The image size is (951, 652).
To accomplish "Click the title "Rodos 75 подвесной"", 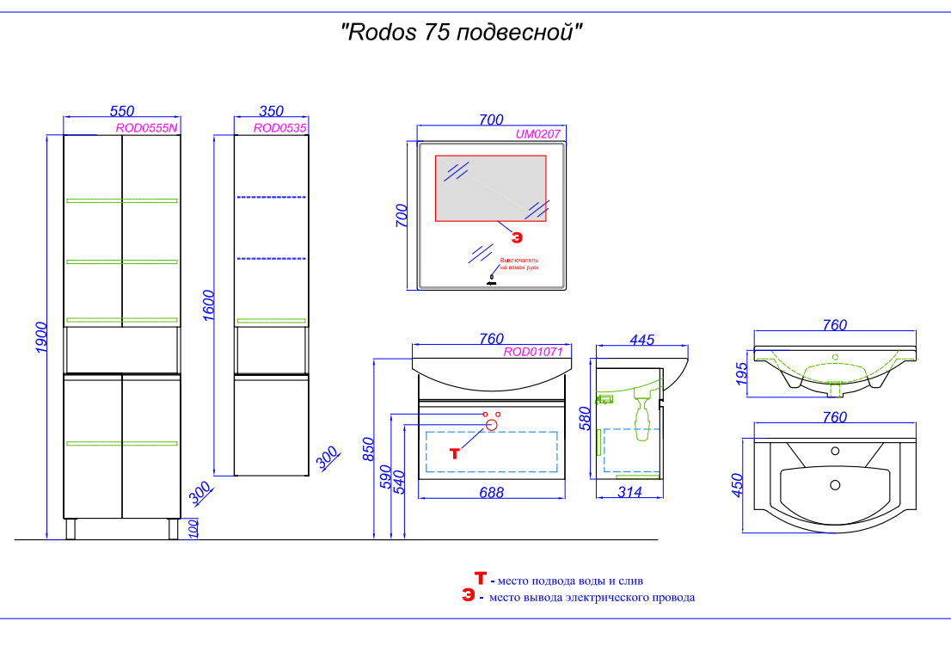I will coord(463,34).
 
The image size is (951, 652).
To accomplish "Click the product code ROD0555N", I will coord(147,128).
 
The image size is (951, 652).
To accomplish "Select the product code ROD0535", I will coord(280,128).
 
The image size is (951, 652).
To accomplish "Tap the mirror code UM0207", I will coord(538,134).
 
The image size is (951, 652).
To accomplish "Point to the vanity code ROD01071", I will coord(533,352).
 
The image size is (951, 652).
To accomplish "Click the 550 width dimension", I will coord(122,112).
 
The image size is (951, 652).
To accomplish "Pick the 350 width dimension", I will coord(271,112).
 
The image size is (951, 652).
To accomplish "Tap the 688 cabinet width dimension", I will coord(491,493).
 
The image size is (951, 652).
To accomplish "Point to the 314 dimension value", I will coord(630,493).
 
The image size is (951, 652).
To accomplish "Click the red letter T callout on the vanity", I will coord(455,453).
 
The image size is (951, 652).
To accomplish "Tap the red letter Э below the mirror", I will coord(517,234).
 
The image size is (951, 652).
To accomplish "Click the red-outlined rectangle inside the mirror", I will coord(490,188).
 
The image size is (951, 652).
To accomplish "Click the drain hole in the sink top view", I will coord(834,485).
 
